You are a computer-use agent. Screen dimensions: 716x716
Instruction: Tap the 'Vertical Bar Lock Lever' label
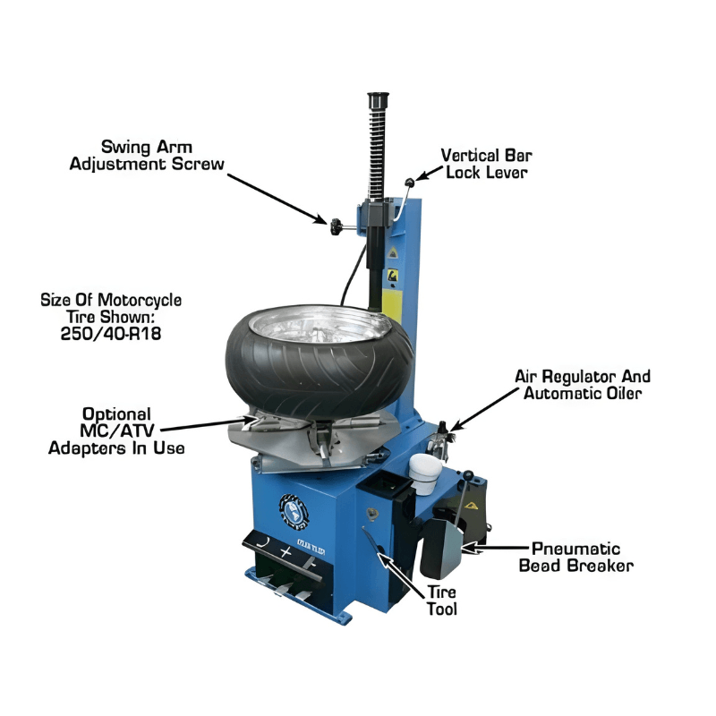485,163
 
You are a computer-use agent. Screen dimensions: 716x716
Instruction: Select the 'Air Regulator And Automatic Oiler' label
582,385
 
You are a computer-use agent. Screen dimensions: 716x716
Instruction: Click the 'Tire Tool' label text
441,601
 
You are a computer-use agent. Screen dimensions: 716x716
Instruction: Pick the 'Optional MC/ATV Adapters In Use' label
116,430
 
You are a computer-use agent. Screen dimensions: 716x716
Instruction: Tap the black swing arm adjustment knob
336,226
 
